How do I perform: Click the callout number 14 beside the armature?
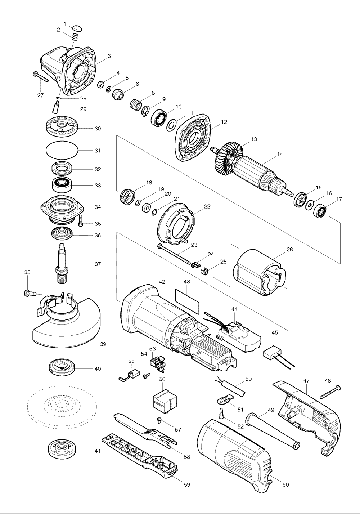tap(280, 154)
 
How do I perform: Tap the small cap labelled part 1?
tap(77, 29)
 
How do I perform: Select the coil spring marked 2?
tap(75, 37)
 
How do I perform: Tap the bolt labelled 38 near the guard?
tap(30, 293)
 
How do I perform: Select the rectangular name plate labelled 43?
tap(187, 301)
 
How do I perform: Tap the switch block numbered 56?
tap(165, 401)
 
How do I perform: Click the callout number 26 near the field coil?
tap(289, 249)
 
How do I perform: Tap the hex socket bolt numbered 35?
tap(81, 221)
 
